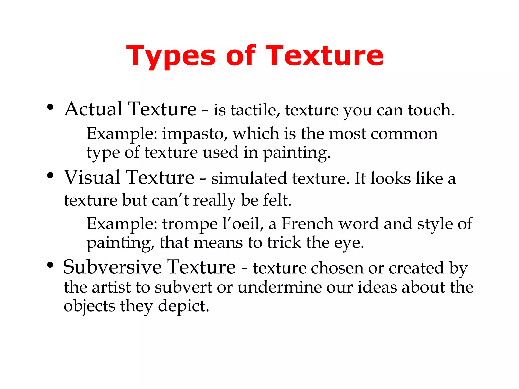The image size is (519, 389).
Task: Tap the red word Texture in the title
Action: click(324, 56)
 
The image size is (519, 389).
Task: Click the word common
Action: click(404, 134)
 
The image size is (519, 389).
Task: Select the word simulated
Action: click(249, 179)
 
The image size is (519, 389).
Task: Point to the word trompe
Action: click(190, 224)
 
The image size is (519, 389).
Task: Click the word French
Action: click(308, 224)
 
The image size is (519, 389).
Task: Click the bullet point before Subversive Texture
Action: click(50, 265)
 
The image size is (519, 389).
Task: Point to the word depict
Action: click(183, 306)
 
